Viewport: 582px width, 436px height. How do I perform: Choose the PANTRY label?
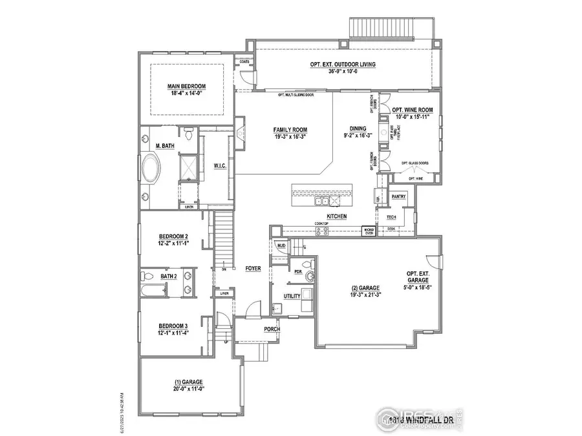point(398,195)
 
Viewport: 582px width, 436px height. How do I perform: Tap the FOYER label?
point(252,267)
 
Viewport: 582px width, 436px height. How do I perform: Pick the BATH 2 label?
point(168,276)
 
